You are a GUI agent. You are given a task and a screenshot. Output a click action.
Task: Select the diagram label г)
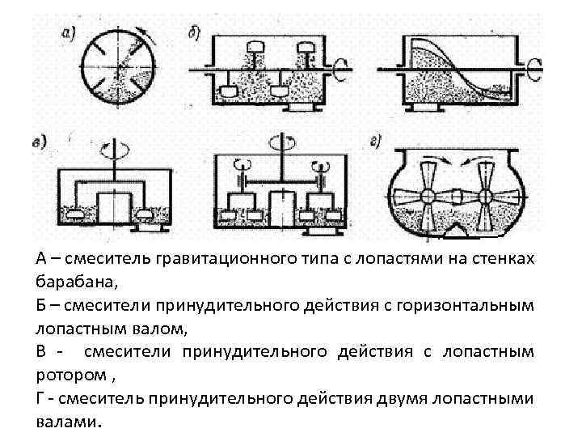(x=376, y=142)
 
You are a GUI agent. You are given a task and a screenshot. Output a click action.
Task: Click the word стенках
(x=502, y=259)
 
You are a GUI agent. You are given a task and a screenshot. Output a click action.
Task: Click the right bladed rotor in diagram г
(x=487, y=197)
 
